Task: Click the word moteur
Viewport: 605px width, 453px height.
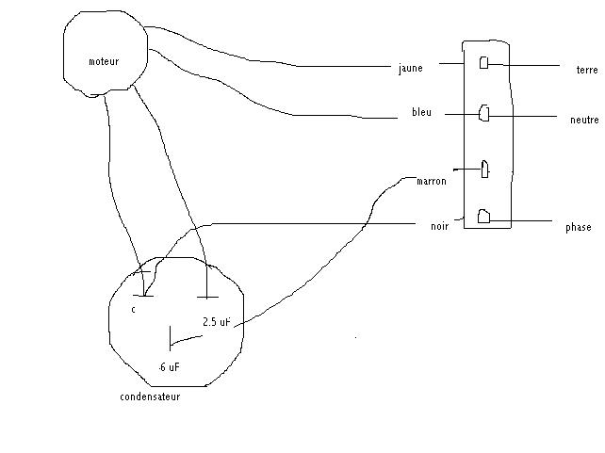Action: (104, 61)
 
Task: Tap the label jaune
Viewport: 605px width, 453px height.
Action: (410, 68)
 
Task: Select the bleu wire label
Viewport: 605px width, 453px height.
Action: (421, 112)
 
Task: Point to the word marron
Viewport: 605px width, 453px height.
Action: (431, 181)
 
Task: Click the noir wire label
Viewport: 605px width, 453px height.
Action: (438, 226)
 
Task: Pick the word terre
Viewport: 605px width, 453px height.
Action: (587, 70)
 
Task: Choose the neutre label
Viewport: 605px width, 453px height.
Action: (584, 121)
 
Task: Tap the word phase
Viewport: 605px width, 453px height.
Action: (578, 228)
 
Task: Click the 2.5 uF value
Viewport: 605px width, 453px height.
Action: (216, 322)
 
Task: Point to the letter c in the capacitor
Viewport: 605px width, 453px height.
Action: (133, 308)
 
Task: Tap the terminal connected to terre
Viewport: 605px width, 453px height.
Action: (483, 63)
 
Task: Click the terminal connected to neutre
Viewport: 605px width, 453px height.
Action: (483, 113)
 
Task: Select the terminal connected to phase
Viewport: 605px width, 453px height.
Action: (483, 217)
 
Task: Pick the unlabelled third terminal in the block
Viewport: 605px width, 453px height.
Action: (484, 169)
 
